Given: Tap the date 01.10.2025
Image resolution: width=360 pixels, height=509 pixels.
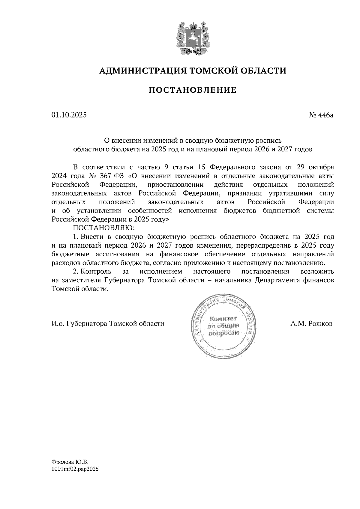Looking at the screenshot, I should coord(69,115).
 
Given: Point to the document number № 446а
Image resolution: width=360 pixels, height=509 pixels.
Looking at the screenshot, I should coord(321,115).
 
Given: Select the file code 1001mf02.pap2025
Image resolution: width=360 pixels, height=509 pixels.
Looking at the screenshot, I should coord(75,469).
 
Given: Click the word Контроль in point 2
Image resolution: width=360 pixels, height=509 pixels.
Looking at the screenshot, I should coord(97,272).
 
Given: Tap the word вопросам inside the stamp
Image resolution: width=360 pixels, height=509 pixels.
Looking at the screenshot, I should coord(224,333).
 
